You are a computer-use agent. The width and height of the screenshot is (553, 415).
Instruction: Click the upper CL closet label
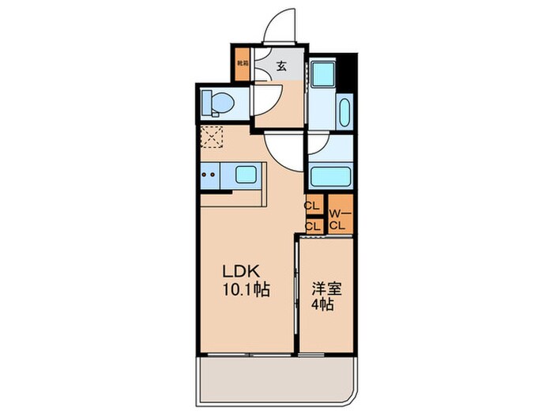(311, 206)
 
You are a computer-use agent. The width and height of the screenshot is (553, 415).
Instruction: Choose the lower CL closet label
(311, 226)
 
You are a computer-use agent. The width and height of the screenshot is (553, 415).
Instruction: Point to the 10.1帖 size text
(243, 290)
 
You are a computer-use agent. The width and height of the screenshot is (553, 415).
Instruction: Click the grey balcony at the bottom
(276, 375)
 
